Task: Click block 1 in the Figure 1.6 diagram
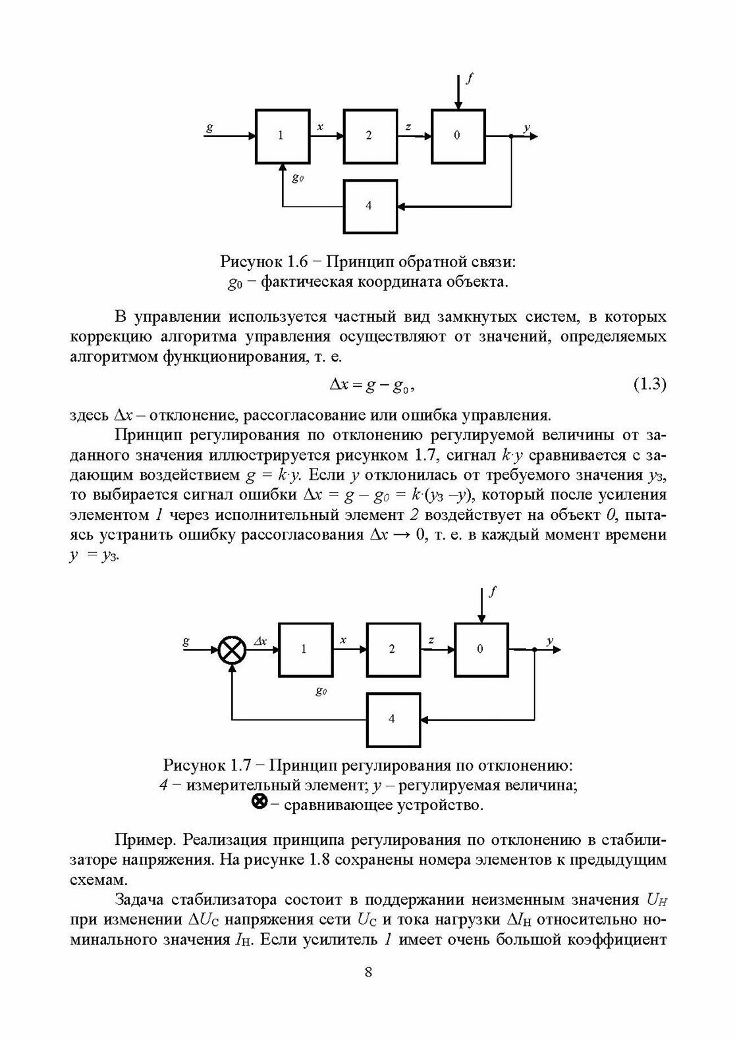click(x=282, y=136)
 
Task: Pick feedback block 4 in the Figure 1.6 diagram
click(x=370, y=206)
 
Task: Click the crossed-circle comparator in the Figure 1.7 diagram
click(x=232, y=649)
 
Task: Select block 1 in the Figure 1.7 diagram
click(x=304, y=649)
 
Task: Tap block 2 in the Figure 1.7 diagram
click(x=393, y=649)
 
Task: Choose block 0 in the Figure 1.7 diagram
click(x=481, y=649)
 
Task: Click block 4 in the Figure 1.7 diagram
click(x=393, y=719)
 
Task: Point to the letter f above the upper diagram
click(x=469, y=80)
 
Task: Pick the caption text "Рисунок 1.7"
click(x=207, y=766)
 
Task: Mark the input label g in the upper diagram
click(x=209, y=128)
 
